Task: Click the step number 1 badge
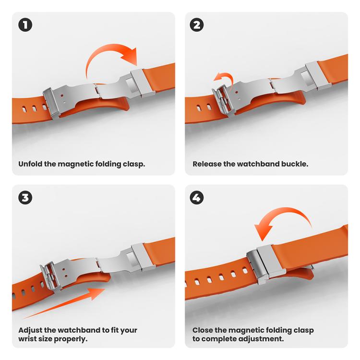point(25,24)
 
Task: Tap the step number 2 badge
point(197,24)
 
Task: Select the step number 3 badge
point(25,197)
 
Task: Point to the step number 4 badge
point(197,197)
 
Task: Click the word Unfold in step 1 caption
point(31,164)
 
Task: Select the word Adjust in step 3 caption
point(31,330)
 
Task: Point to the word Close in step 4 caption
point(204,330)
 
